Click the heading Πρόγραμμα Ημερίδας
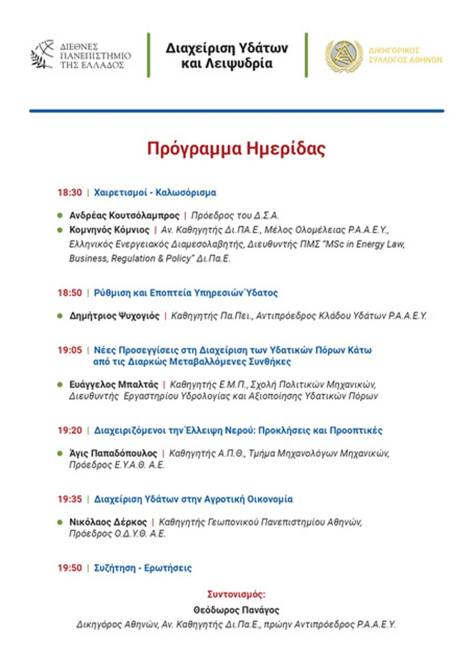236,148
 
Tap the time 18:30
70,193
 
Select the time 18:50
70,293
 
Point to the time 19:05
70,350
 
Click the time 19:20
70,430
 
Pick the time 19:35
70,499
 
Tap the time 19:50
70,568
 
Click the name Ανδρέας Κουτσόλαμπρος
124,216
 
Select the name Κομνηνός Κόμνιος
109,230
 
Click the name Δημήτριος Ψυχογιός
114,316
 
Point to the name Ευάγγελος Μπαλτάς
114,384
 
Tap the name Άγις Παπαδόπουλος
113,453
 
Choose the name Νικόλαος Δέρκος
108,522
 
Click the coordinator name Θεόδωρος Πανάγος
236,610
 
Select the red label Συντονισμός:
236,595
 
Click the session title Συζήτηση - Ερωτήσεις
142,568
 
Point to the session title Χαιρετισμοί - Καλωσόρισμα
155,193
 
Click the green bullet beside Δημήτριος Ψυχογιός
60,316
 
